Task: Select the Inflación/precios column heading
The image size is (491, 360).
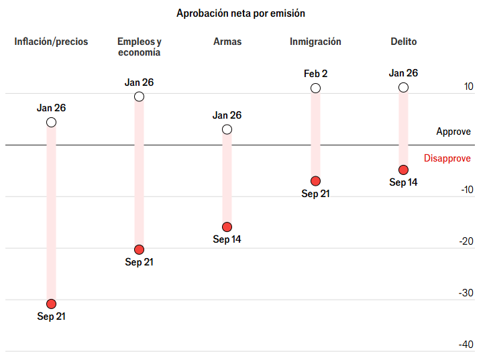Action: [x=51, y=42]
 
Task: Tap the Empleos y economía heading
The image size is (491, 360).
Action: [x=139, y=47]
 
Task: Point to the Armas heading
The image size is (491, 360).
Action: [x=227, y=42]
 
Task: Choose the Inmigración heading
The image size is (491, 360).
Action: [x=315, y=42]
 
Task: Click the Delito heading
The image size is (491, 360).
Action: [x=403, y=42]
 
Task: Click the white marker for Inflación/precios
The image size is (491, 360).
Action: [x=51, y=122]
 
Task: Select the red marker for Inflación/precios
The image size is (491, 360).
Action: [x=51, y=304]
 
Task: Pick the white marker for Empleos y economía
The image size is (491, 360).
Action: [x=139, y=97]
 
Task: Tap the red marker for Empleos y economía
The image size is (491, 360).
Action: [x=139, y=249]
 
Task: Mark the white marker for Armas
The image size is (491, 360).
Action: [x=227, y=129]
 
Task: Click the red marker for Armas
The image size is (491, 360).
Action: [x=227, y=227]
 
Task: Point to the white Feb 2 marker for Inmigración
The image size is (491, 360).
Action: [x=315, y=88]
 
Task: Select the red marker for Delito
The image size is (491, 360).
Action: [x=403, y=170]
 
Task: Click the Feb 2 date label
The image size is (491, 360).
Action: [x=315, y=74]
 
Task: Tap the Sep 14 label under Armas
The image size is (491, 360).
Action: [x=227, y=239]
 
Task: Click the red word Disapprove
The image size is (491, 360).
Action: [x=447, y=158]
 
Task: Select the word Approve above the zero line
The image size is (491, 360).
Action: [x=453, y=132]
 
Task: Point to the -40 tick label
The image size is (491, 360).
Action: [x=466, y=345]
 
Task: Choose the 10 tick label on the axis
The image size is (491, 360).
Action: [x=468, y=86]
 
